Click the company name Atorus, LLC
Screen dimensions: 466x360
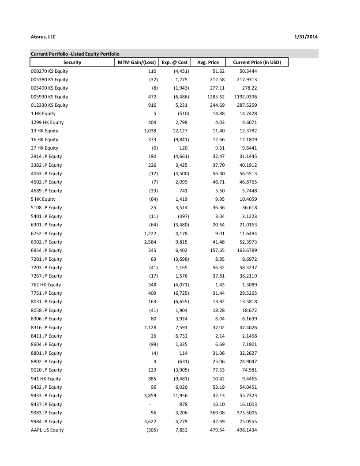click(43, 37)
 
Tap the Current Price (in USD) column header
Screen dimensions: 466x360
click(257, 62)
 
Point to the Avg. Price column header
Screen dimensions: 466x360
click(207, 62)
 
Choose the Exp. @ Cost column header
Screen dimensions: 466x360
click(175, 62)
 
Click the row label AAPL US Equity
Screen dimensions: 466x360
click(47, 430)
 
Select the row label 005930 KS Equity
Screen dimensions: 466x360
click(49, 97)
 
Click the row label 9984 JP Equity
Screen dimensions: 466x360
click(46, 421)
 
